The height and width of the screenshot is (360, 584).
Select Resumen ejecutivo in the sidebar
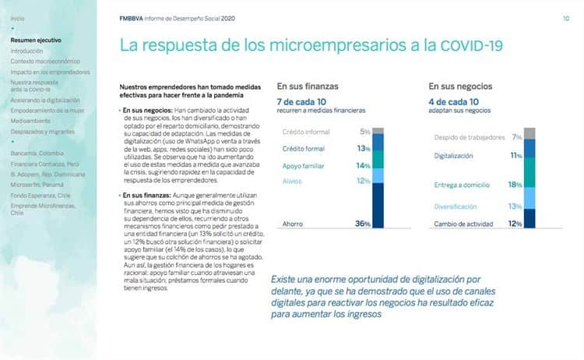tap(36, 40)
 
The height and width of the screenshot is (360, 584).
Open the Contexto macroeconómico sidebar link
tap(45, 61)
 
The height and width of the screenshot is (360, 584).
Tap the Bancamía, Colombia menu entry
tap(37, 153)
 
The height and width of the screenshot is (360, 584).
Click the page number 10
tap(565, 17)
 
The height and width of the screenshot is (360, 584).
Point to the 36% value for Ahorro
tap(361, 224)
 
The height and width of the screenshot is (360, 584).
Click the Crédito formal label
tap(304, 147)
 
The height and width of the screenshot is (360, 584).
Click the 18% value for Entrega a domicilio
tap(513, 185)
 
